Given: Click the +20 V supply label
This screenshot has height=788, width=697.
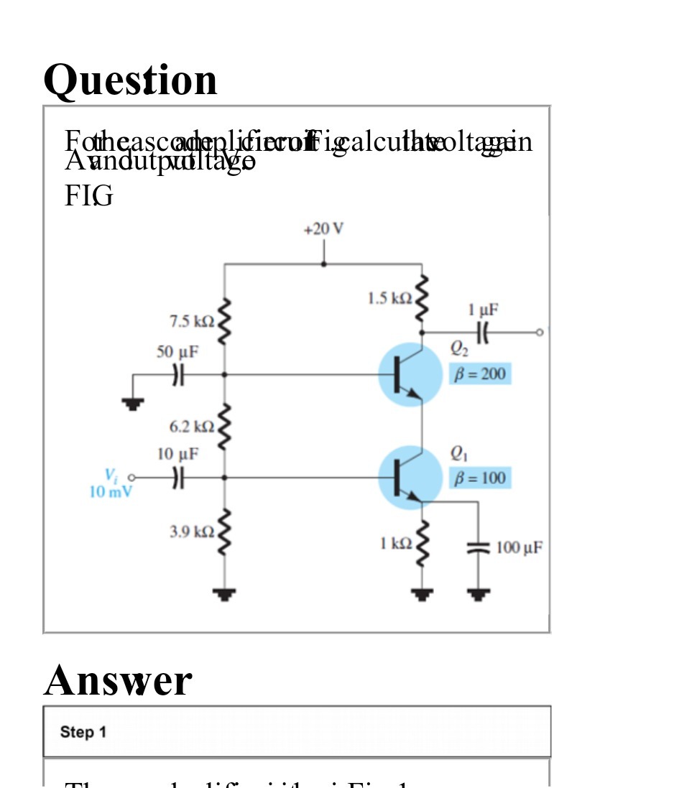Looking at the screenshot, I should (323, 229).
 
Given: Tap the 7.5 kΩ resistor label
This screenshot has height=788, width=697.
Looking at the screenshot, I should (192, 322).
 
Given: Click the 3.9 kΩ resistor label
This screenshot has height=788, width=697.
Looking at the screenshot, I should (192, 532).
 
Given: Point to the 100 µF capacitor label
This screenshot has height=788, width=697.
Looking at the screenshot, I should (519, 548).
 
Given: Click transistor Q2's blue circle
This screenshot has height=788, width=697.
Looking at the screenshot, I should (410, 374).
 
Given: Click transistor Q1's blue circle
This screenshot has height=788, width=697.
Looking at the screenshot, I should (410, 478).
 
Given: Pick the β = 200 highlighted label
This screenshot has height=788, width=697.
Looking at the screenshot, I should (480, 374).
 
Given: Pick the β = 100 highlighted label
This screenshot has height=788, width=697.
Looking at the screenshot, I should (480, 478).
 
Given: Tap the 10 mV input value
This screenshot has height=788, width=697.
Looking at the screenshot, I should (111, 492).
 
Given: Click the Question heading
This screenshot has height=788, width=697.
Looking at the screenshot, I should (130, 80).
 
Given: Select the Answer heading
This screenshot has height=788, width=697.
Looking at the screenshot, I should (118, 680).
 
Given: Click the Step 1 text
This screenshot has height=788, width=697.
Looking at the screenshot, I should (83, 732).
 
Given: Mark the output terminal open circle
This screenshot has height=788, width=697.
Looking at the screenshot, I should (540, 333).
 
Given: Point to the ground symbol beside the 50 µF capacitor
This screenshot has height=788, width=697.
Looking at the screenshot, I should (132, 404).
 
